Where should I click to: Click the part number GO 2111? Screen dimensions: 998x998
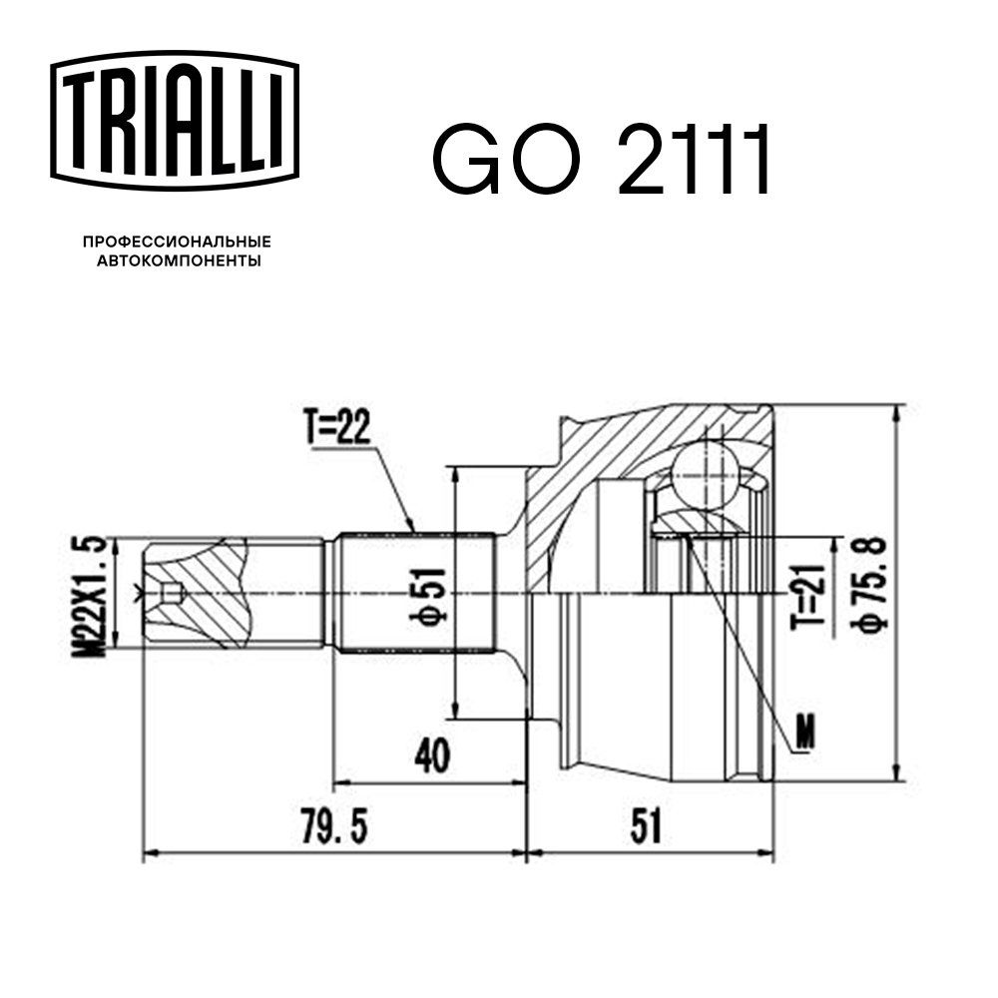602,161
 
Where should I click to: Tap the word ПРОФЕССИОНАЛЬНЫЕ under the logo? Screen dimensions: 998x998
177,242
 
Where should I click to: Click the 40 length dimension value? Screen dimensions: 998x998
431,756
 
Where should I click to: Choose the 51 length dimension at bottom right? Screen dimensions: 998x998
647,827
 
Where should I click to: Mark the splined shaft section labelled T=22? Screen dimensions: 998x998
414,593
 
